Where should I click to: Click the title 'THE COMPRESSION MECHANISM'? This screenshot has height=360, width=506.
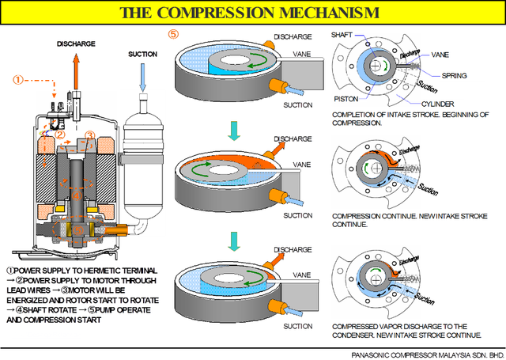[x=248, y=12]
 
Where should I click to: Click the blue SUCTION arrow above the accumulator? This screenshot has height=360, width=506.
[x=142, y=78]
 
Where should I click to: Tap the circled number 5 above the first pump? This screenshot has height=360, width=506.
[x=174, y=34]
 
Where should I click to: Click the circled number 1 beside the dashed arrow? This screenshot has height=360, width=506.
[x=17, y=79]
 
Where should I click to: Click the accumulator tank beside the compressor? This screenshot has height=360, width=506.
[x=142, y=166]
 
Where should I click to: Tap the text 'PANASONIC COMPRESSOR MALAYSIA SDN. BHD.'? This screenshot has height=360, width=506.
[x=427, y=355]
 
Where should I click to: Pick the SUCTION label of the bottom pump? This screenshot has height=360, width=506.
[x=298, y=325]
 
